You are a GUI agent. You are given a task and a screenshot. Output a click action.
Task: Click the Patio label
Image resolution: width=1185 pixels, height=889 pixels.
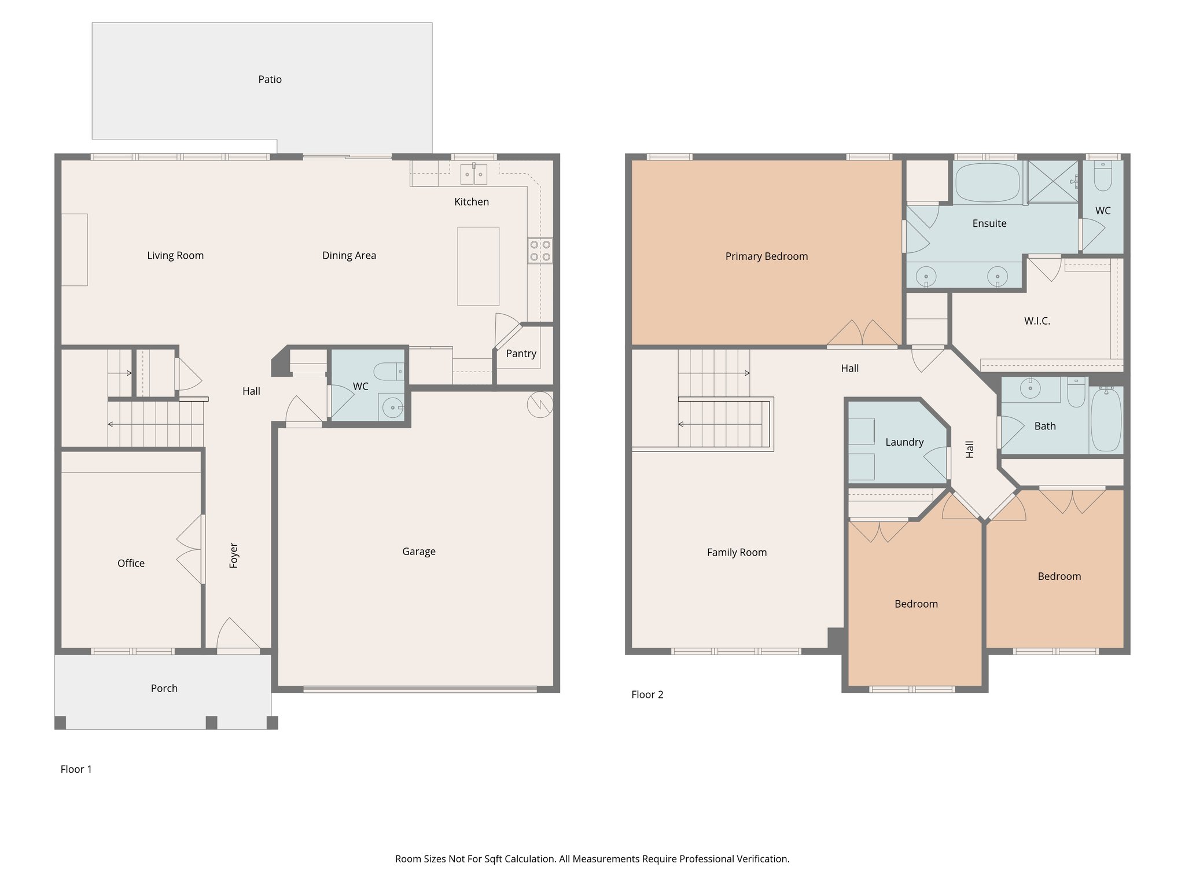tap(270, 79)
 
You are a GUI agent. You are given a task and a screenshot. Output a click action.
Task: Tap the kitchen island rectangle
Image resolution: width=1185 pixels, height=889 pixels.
tap(478, 266)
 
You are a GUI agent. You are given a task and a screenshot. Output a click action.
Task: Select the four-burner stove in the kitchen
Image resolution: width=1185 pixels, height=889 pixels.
tap(540, 251)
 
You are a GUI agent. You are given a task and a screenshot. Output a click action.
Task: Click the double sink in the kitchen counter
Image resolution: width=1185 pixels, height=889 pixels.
tap(474, 174)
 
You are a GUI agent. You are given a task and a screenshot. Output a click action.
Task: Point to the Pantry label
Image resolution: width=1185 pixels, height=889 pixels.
tap(521, 354)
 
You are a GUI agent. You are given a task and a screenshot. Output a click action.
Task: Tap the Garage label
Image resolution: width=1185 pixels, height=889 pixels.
tap(419, 552)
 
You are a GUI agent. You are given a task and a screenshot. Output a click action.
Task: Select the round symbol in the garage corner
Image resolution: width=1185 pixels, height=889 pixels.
tap(540, 405)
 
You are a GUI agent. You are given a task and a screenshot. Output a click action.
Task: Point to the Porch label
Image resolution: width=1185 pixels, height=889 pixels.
tap(164, 688)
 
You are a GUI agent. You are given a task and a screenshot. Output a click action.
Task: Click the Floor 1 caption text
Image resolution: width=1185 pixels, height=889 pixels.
tap(76, 769)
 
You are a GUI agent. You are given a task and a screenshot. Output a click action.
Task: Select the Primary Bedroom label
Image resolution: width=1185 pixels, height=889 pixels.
tap(766, 256)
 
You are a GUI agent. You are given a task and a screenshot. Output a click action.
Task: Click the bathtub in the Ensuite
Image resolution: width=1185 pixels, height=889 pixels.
tap(987, 182)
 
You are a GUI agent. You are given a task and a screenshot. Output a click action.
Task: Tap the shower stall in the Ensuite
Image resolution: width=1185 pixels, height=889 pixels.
tap(1052, 181)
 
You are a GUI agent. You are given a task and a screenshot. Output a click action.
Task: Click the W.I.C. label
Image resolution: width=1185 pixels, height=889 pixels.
tap(1037, 321)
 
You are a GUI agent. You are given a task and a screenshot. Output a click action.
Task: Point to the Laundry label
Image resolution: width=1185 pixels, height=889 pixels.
tap(904, 442)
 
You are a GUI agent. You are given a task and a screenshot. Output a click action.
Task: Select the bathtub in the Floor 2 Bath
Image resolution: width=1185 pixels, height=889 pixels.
tap(1106, 420)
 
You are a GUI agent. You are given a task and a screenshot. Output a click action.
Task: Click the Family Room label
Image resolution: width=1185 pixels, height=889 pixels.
tap(737, 553)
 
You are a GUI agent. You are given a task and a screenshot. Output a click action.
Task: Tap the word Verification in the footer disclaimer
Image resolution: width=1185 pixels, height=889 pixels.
tap(763, 859)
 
